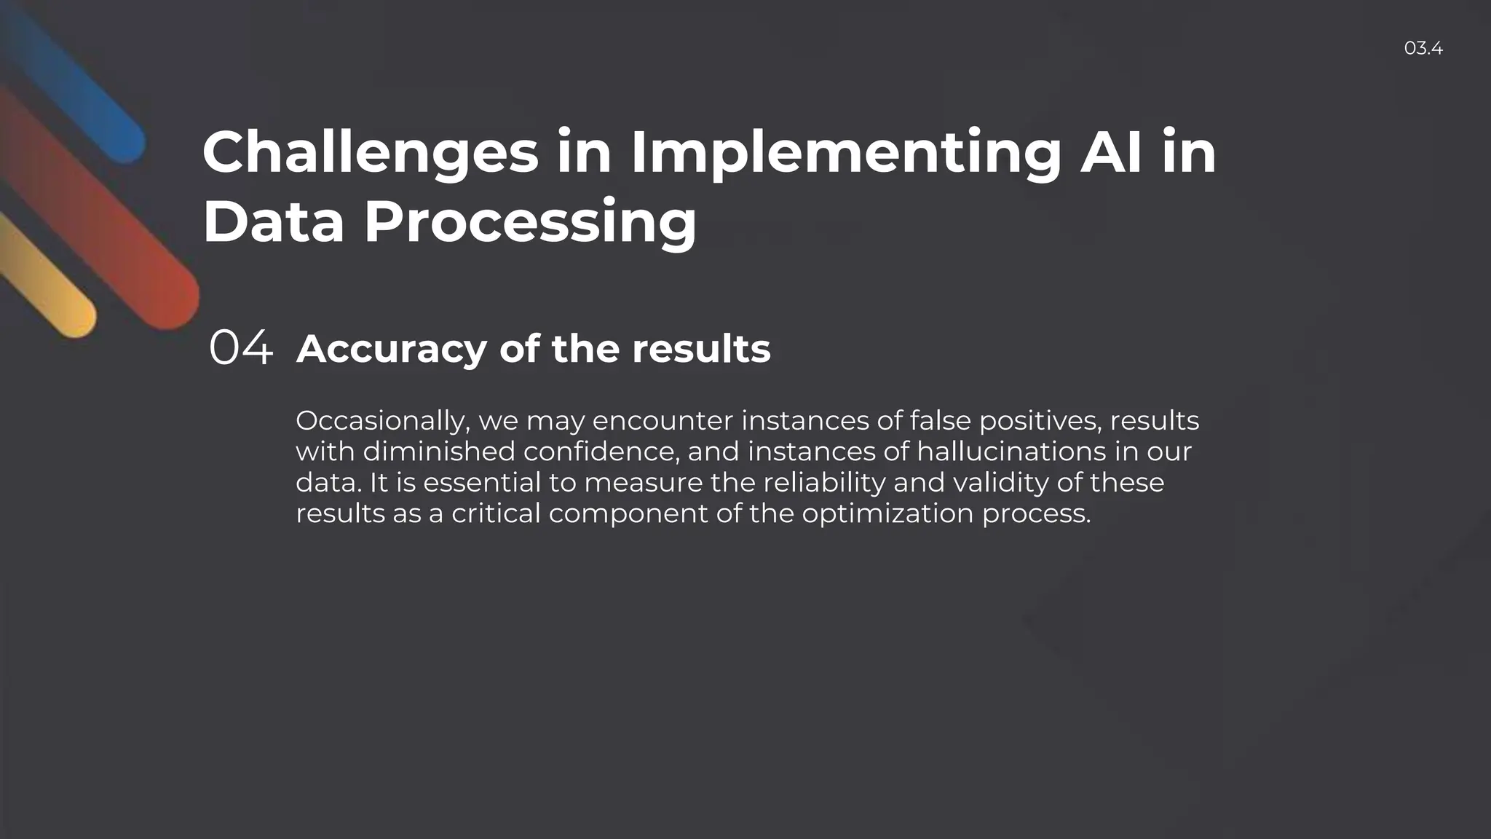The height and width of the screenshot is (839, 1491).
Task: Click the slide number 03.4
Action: (x=1423, y=49)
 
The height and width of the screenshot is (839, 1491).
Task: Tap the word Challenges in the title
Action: (x=370, y=153)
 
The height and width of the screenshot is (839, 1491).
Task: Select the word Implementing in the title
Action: (x=845, y=153)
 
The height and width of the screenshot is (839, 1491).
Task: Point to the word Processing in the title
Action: (x=530, y=223)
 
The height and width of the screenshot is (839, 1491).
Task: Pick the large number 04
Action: (x=241, y=347)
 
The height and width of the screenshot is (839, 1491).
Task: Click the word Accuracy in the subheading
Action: (x=392, y=349)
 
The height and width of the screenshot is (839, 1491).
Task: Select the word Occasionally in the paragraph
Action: (x=382, y=421)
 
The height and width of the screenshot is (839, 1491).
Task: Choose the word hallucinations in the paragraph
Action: (x=1011, y=452)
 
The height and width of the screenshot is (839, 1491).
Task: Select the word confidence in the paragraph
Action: (x=601, y=452)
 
